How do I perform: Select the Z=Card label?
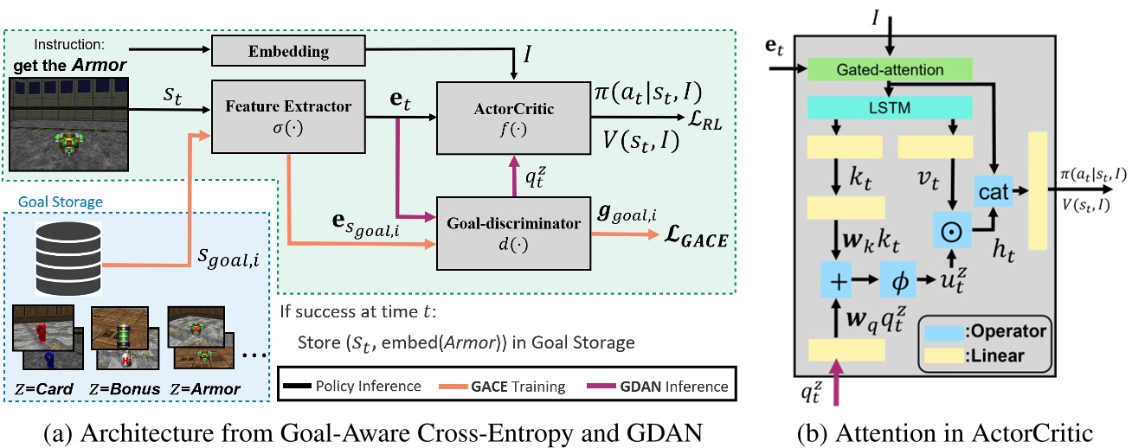[43, 388]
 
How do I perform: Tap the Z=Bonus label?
[126, 388]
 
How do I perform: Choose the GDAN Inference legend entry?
[662, 386]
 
